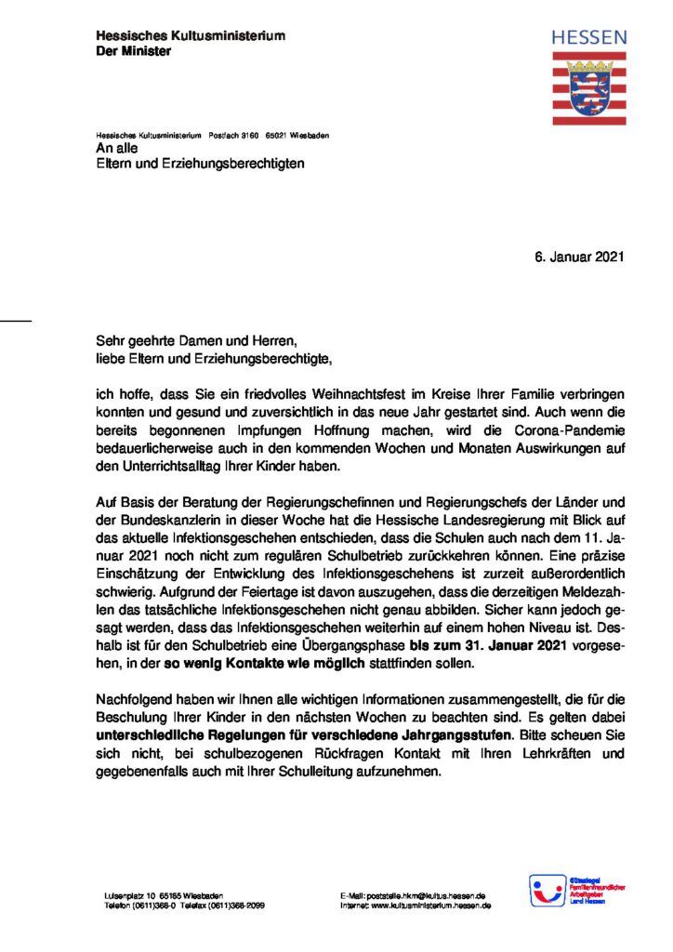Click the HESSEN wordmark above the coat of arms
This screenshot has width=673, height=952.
(589, 38)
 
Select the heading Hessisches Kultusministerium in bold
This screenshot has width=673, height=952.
(191, 35)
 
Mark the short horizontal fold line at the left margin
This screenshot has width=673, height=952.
(16, 321)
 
